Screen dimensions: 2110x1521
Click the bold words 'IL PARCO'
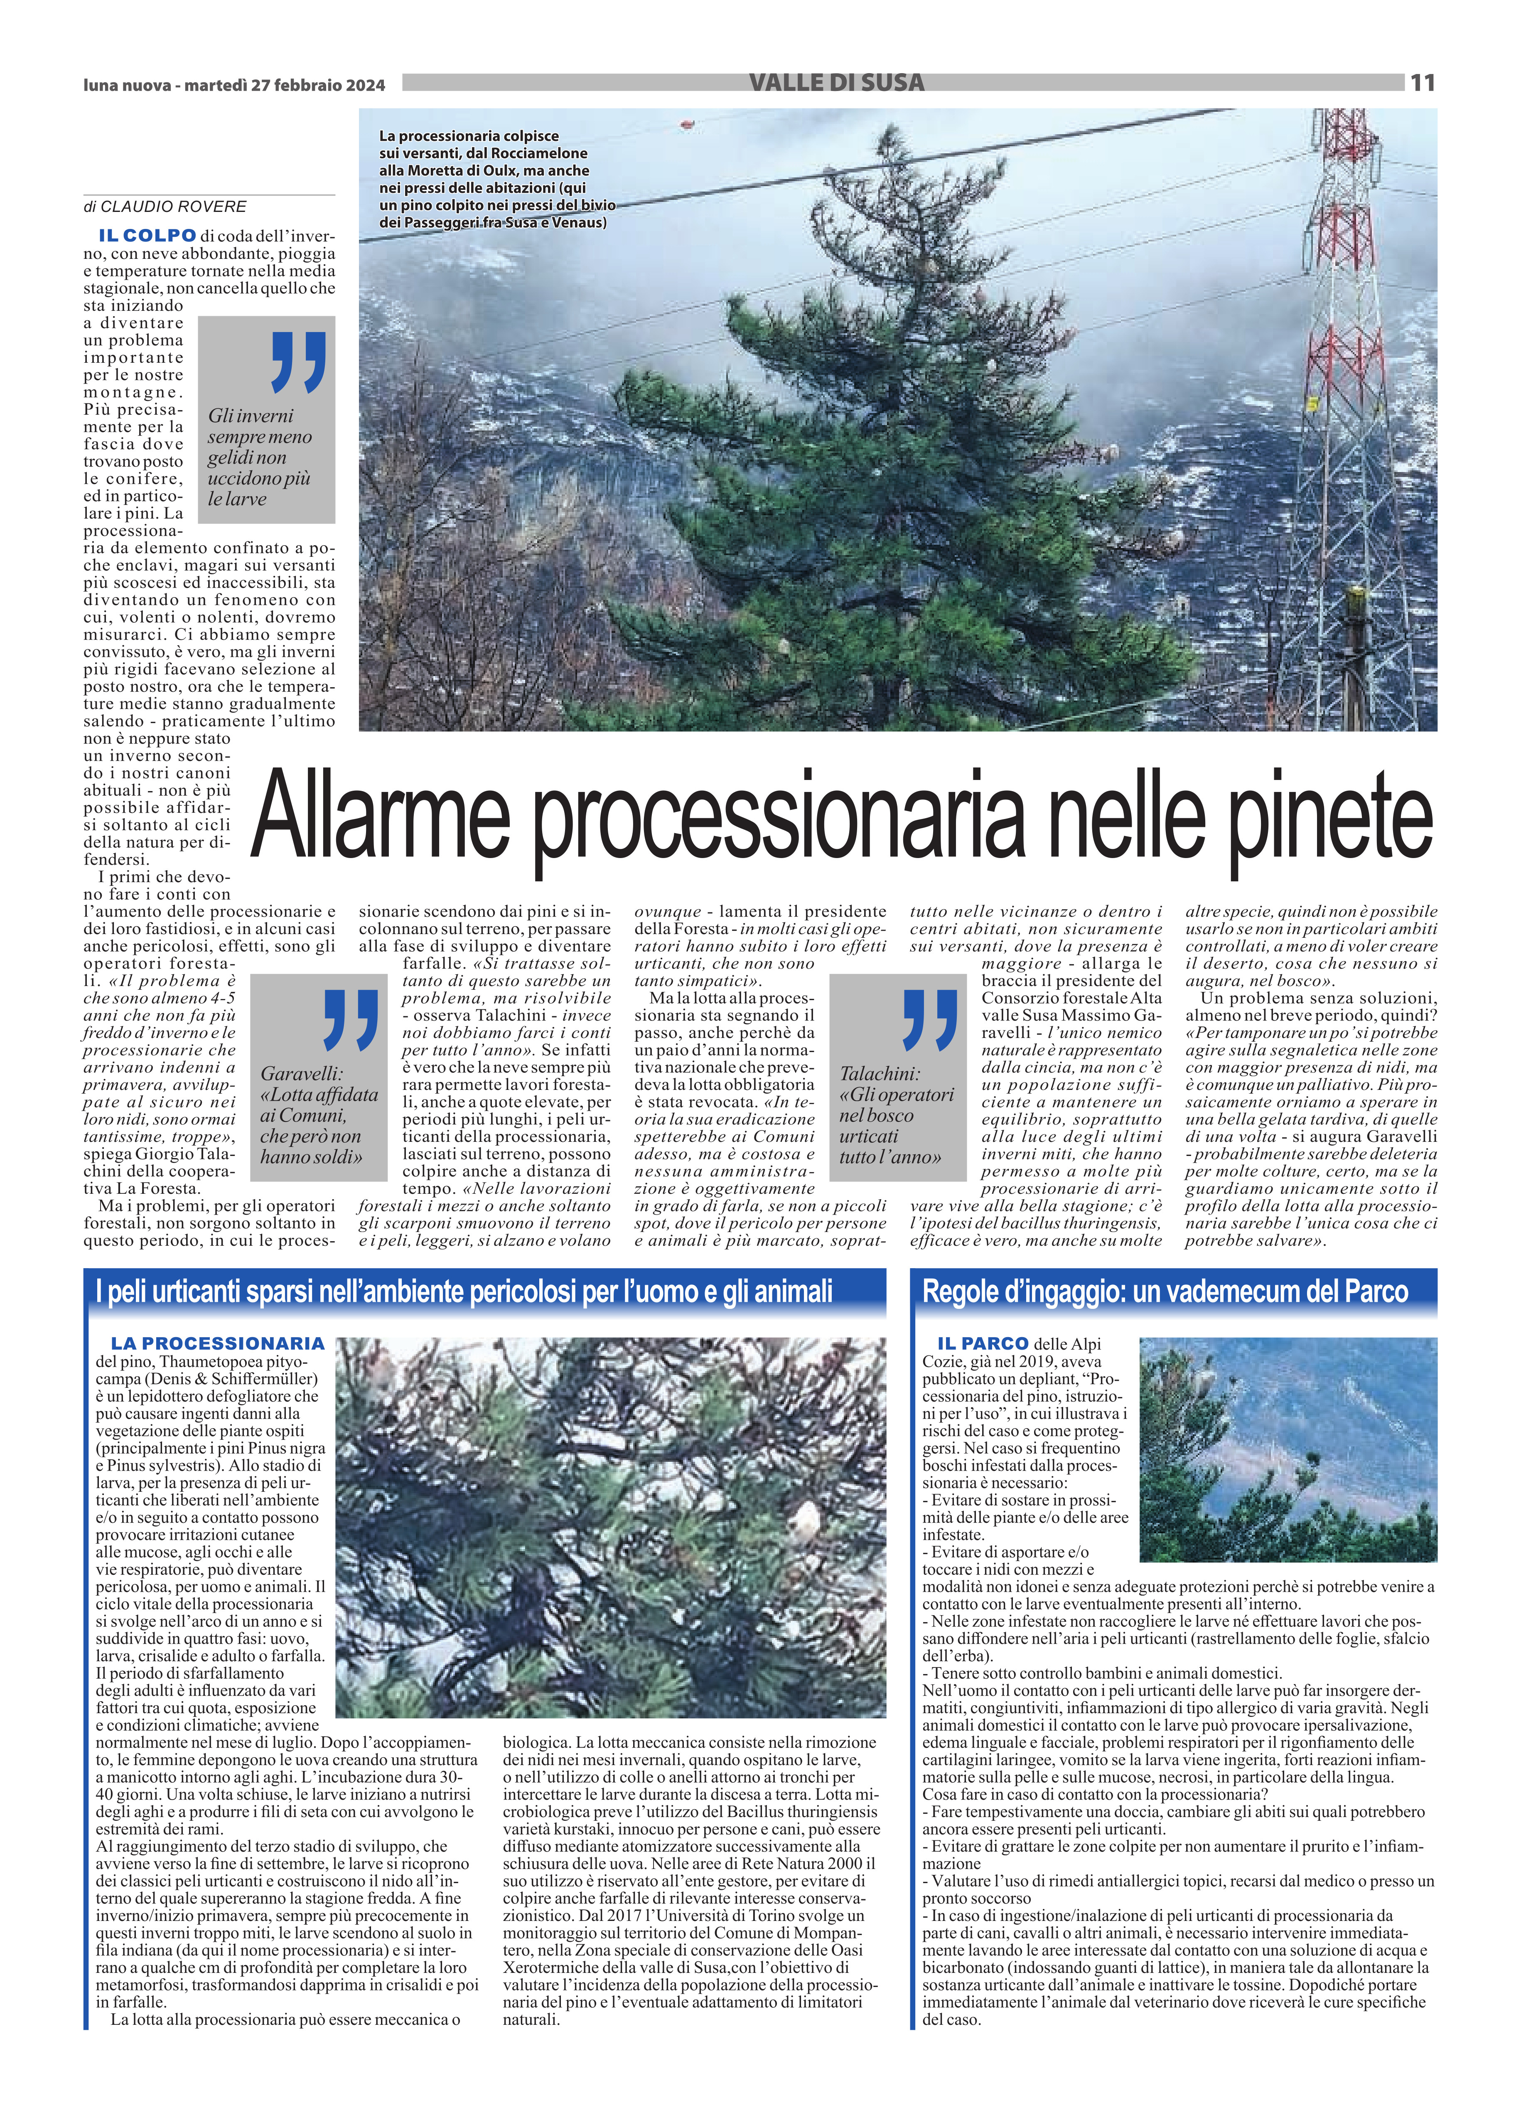[x=983, y=1343]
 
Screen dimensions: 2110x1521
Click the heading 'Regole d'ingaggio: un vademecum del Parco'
[x=1165, y=1291]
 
